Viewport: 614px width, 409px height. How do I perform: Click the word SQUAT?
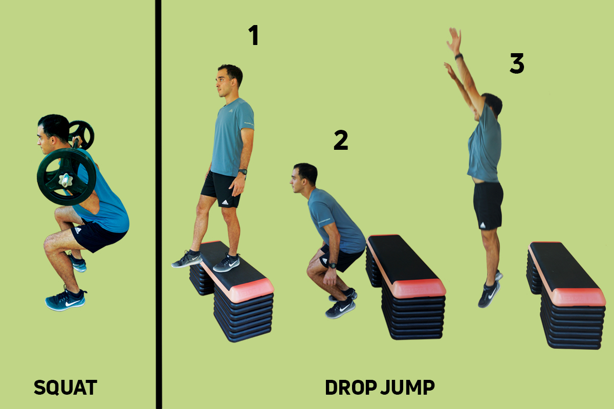(65, 388)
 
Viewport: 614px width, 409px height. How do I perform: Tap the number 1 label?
(253, 35)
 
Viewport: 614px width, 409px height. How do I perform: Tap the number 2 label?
(341, 141)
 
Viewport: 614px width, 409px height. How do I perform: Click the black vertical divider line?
(158, 204)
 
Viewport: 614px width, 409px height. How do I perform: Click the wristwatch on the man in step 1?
(243, 172)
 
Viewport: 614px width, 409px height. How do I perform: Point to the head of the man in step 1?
(229, 81)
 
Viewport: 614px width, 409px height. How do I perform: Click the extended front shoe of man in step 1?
(187, 259)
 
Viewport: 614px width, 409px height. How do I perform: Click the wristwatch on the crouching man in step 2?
(332, 266)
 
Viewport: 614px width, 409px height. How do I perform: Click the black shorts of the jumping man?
(488, 204)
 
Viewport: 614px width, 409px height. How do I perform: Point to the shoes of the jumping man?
(489, 294)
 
